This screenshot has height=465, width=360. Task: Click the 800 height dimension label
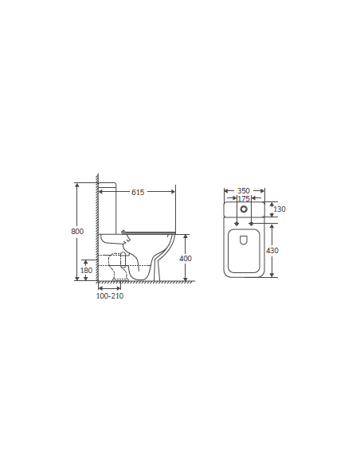77,231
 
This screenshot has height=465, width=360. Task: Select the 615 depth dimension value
138,192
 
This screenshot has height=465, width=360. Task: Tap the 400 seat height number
186,258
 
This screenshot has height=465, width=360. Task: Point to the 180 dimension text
86,270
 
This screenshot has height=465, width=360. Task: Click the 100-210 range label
110,295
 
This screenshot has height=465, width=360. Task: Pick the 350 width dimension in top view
244,190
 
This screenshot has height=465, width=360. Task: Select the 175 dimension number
244,198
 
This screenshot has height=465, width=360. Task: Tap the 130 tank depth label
280,209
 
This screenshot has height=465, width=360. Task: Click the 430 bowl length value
272,251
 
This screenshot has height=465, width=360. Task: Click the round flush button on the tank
244,209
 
